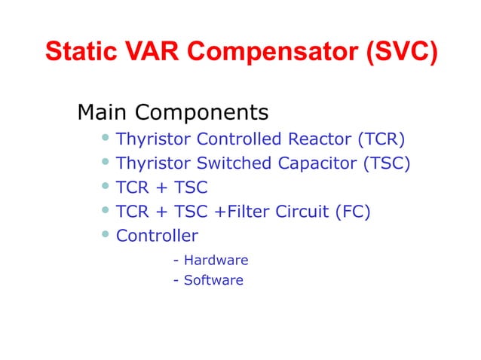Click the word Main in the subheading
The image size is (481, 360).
[x=103, y=113]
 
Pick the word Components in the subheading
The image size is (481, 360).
[x=202, y=113]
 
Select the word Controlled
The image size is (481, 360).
[x=240, y=139]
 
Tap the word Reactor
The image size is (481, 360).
[x=320, y=139]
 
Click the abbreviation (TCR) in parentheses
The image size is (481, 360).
[x=381, y=139]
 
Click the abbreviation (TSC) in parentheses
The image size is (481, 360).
[x=386, y=163]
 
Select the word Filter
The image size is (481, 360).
[x=246, y=212]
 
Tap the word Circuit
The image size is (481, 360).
[x=301, y=212]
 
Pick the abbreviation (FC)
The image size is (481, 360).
[x=351, y=212]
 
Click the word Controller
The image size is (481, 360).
[x=157, y=236]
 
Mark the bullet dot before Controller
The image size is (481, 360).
[x=106, y=236]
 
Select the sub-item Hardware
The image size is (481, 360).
[x=216, y=261]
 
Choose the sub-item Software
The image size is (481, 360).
[x=213, y=280]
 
